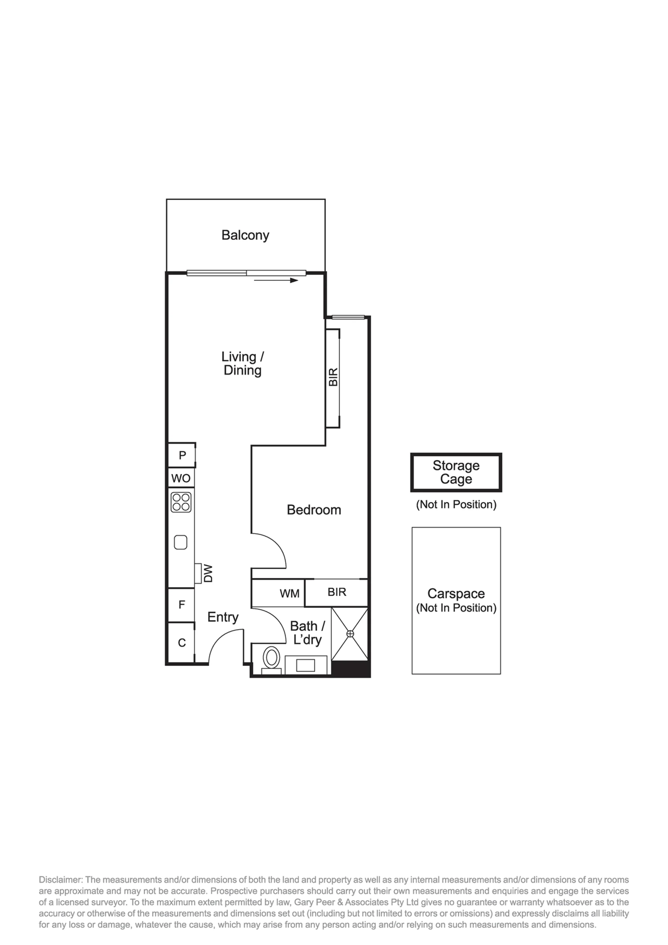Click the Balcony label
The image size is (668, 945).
[x=245, y=235]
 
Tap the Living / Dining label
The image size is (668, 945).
[x=243, y=363]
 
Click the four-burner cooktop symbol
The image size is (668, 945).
[x=181, y=502]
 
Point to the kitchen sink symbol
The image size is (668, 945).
[x=181, y=542]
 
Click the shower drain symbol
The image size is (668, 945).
[x=350, y=634]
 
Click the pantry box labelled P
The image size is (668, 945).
[x=182, y=455]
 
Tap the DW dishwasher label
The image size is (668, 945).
[x=208, y=573]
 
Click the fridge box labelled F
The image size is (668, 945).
[x=181, y=604]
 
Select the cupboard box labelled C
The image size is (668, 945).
[x=181, y=643]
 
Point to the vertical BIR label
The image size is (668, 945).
[x=334, y=377]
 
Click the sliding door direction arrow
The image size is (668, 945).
[x=276, y=280]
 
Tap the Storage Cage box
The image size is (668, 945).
[x=456, y=472]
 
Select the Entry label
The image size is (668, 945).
[x=223, y=617]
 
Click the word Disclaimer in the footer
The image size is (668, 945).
[x=61, y=880]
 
